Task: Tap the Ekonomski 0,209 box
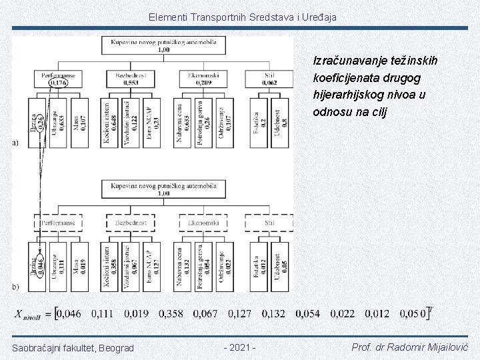(x=203, y=79)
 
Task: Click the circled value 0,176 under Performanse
(x=57, y=83)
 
